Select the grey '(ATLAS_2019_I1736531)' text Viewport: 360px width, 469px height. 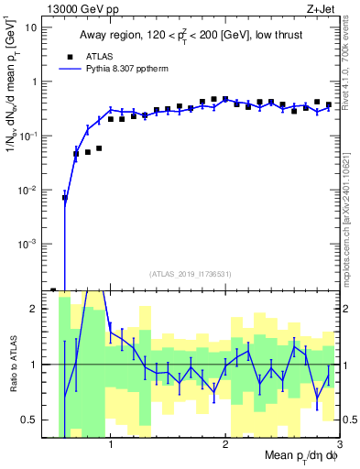[x=190, y=274]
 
